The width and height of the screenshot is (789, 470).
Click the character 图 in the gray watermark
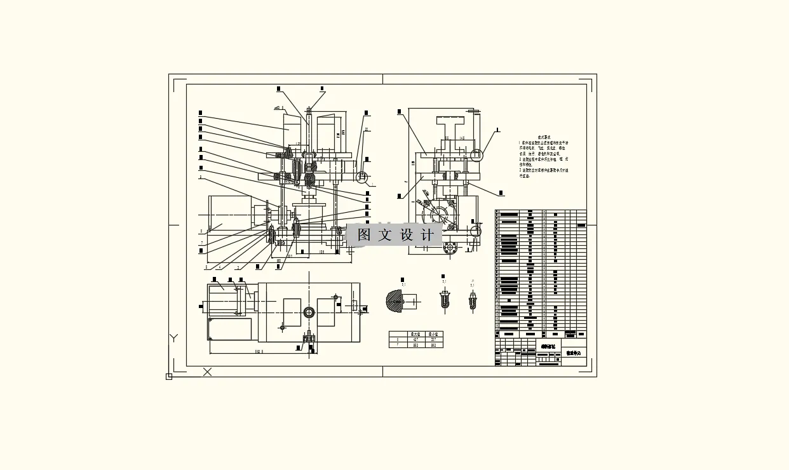click(364, 235)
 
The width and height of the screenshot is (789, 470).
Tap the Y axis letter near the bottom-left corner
click(173, 338)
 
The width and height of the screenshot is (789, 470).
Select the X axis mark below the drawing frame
click(207, 372)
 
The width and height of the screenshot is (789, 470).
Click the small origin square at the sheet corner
click(169, 377)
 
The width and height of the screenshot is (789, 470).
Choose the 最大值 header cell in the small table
click(416, 334)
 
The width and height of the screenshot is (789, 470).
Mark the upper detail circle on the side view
click(476, 154)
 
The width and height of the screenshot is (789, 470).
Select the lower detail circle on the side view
click(475, 231)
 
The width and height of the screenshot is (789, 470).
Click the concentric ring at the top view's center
click(309, 312)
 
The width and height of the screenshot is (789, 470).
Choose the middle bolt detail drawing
click(445, 299)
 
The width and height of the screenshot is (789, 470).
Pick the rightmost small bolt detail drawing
click(473, 300)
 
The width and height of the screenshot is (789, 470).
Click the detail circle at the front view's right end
click(362, 176)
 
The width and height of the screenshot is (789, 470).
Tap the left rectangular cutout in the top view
click(292, 312)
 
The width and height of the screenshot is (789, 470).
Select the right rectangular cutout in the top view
click(326, 312)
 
